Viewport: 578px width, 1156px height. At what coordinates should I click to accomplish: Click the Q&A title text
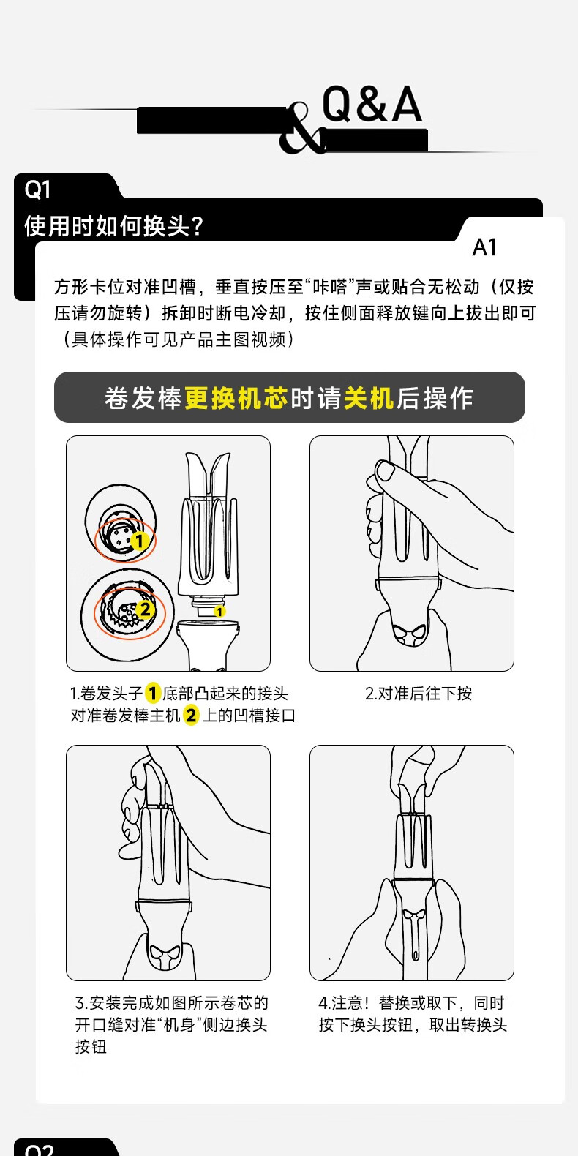coord(372,105)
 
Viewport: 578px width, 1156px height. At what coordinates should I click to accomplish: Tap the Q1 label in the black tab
coord(37,189)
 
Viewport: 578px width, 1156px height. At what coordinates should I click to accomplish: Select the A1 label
coord(484,247)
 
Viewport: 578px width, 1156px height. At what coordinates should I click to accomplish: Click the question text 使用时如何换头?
coord(114,225)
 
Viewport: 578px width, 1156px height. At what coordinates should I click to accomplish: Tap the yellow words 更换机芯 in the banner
coord(236,398)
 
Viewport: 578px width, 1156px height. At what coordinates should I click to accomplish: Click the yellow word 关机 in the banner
coord(369,398)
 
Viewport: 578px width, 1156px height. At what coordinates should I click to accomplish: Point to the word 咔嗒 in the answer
coord(331,286)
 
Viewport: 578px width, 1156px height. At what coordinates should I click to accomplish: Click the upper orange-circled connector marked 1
coord(125,540)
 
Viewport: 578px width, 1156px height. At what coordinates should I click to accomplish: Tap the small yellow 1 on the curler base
coord(219,612)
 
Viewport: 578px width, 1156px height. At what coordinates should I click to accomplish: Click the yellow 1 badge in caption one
coord(152,693)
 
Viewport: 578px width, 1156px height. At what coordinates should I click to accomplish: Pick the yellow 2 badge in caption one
coord(191,716)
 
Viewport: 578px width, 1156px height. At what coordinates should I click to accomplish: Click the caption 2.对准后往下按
coord(419,693)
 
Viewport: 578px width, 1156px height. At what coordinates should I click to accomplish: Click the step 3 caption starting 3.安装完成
coord(171,1024)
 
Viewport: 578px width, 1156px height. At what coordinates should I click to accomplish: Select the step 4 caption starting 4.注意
coord(413,1013)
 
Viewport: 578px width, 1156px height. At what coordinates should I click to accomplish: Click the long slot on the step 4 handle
coord(416,939)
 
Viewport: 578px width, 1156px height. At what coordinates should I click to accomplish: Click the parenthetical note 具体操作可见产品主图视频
coord(178,339)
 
